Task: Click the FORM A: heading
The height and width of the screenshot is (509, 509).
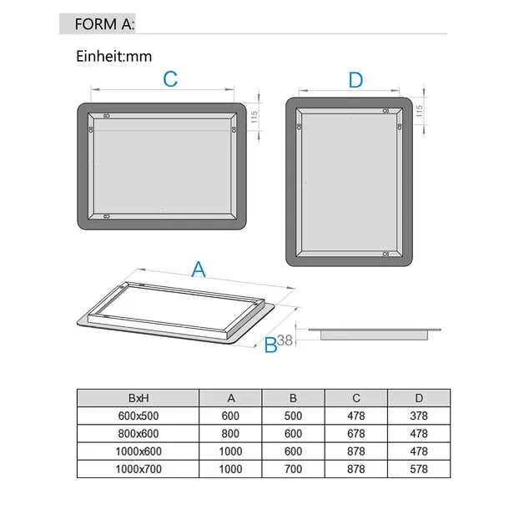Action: point(104,24)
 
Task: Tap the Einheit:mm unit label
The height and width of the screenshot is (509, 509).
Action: point(114,57)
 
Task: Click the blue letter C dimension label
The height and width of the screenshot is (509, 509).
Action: point(170,79)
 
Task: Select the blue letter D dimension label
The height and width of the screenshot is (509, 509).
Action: point(355,80)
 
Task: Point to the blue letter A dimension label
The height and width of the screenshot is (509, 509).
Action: point(199,270)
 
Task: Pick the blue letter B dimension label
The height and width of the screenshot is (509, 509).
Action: point(270,345)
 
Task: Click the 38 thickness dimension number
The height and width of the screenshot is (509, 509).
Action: point(285,340)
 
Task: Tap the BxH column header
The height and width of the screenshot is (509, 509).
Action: point(139,398)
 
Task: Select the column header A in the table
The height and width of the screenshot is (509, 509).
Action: point(231,398)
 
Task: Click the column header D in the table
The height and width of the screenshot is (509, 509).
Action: point(419,398)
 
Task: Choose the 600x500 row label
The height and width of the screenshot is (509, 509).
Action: point(139,416)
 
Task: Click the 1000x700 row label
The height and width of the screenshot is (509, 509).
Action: point(139,469)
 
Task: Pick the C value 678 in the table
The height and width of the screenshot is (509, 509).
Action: point(356,434)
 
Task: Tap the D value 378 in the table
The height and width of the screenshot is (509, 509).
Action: point(419,416)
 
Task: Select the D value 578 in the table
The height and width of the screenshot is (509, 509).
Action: point(419,469)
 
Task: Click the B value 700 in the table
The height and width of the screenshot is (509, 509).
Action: point(293,469)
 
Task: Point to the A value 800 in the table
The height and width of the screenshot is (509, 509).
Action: point(230,434)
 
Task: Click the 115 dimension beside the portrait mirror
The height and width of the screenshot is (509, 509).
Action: point(419,111)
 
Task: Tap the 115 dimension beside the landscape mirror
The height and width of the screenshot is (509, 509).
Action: point(254,117)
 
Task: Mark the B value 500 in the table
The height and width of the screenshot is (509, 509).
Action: point(293,416)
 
